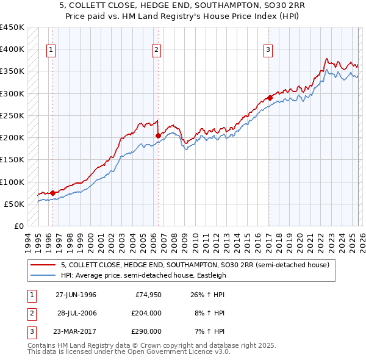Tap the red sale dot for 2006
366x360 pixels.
(158, 135)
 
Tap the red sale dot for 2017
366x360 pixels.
(270, 98)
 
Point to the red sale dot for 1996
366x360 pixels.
(52, 193)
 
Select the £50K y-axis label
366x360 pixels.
(15, 204)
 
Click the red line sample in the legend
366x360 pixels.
(43, 265)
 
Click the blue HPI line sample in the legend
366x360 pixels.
(43, 275)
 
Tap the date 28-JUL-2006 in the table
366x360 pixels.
(76, 313)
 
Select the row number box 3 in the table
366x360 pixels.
(30, 331)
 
